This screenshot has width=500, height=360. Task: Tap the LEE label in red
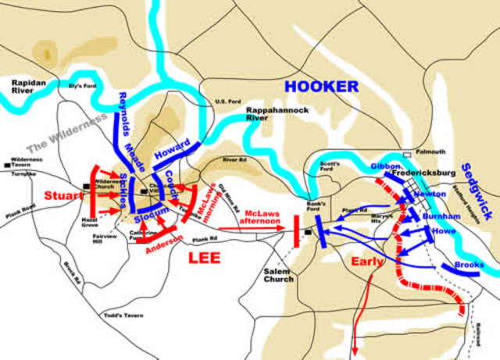(x=204, y=258)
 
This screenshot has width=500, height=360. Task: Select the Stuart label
(x=62, y=194)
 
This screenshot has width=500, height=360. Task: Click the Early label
(x=367, y=262)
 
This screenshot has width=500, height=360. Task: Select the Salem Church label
(x=279, y=274)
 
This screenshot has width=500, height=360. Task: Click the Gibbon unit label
(x=386, y=166)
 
